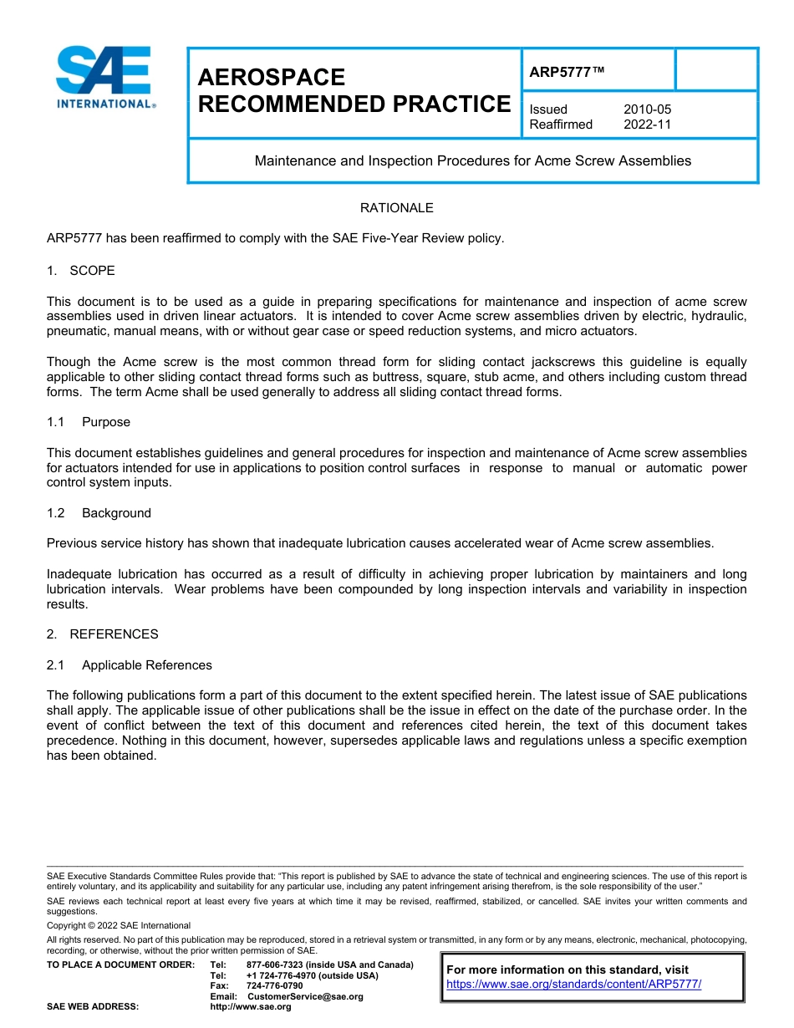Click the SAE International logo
(104, 77)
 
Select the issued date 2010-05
(647, 109)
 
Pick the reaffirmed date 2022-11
(647, 125)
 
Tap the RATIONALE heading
(396, 207)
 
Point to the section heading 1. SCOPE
(81, 271)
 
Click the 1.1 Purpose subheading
(89, 422)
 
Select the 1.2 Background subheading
(99, 513)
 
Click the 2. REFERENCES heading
(102, 634)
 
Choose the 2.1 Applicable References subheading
(130, 665)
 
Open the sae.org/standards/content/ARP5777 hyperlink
(573, 984)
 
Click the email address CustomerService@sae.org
(305, 996)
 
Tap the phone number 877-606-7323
(276, 964)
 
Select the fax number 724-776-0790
(274, 985)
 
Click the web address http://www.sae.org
(250, 1006)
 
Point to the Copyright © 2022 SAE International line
(119, 925)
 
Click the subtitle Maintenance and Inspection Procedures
(472, 160)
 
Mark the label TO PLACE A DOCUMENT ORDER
(120, 964)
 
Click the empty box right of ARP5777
(715, 70)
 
